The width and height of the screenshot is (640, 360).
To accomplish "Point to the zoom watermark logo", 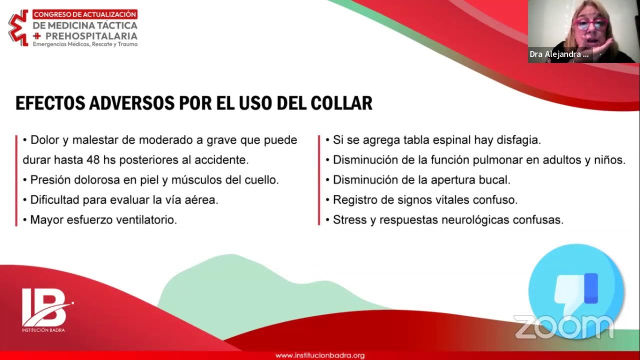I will click(563, 327).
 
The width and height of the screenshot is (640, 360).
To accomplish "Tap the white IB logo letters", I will click(44, 307).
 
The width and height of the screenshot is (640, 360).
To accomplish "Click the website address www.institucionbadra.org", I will click(320, 355).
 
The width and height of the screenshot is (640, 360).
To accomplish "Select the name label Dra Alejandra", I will click(559, 54).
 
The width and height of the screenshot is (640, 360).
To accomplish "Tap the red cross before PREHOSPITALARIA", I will click(36, 36).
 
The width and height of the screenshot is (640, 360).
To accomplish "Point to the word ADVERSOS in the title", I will click(131, 103).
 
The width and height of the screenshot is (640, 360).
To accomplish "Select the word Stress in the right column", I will click(349, 220).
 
